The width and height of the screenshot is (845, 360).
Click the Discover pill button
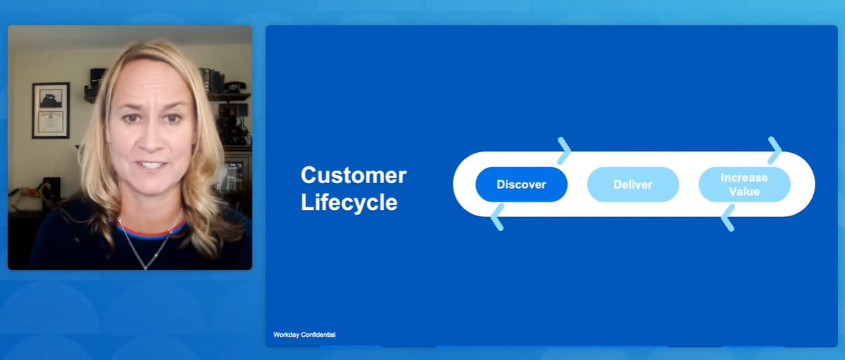521,185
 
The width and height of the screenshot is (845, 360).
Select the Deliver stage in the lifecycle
632,185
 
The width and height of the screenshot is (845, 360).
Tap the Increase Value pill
744,185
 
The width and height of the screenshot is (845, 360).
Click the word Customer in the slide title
353,175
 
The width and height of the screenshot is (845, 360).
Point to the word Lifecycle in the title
349,203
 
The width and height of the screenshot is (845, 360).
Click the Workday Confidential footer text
304,335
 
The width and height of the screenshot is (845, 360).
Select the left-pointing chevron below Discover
496,218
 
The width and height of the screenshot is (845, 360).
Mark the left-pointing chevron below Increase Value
727,218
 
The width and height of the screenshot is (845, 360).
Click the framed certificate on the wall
51,110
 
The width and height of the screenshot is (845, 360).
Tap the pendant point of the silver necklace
146,266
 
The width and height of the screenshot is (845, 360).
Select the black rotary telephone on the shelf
235,87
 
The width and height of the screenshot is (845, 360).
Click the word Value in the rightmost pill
744,191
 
